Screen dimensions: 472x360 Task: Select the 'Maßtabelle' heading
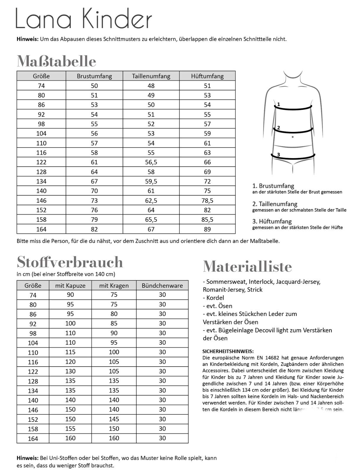click(x=56, y=61)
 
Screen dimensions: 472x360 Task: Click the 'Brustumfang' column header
click(x=94, y=76)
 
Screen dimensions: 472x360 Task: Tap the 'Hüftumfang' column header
click(x=207, y=76)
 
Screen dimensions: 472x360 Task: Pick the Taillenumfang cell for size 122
click(x=151, y=162)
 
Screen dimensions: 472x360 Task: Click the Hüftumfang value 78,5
click(x=207, y=201)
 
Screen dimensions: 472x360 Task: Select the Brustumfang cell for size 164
click(x=94, y=229)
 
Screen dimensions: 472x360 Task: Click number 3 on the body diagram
click(x=278, y=155)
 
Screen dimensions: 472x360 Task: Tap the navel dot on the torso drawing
click(x=292, y=137)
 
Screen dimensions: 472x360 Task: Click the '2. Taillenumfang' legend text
click(x=275, y=204)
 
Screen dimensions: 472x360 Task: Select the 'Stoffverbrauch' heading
click(x=70, y=262)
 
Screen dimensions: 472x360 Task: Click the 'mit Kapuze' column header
click(x=70, y=286)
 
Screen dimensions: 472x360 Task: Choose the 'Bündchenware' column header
click(x=162, y=286)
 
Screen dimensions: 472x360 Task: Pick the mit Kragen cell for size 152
click(x=114, y=419)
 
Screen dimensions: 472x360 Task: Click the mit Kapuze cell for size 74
click(x=70, y=295)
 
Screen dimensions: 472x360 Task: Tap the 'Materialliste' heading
click(x=247, y=267)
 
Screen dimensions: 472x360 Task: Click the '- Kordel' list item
click(x=214, y=298)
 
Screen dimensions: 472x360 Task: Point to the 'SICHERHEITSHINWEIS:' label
click(x=228, y=351)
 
